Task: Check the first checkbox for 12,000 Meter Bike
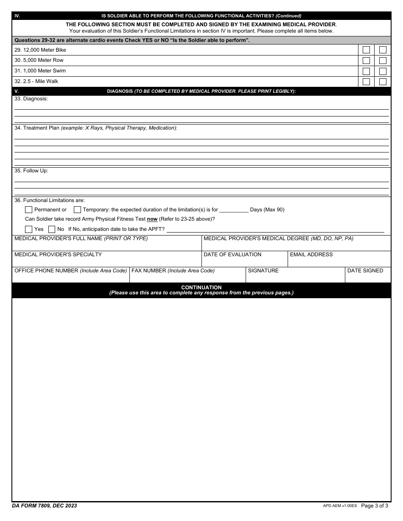point(366,50)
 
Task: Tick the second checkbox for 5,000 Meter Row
point(383,60)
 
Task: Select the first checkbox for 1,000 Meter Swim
point(366,71)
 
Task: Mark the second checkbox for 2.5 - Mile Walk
point(383,82)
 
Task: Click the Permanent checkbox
point(29,210)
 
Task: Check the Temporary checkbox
point(77,210)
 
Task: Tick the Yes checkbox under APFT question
point(29,229)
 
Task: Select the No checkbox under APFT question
point(52,229)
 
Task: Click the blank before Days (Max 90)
point(234,210)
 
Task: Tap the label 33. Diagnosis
point(31,99)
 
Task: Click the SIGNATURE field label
point(263,271)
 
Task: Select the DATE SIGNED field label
point(365,271)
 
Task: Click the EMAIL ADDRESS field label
point(311,255)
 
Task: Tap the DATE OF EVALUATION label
point(232,255)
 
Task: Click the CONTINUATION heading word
point(201,288)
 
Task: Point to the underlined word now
point(152,219)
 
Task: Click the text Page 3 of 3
point(374,506)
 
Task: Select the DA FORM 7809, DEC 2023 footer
point(44,506)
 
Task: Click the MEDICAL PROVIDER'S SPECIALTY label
point(58,255)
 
